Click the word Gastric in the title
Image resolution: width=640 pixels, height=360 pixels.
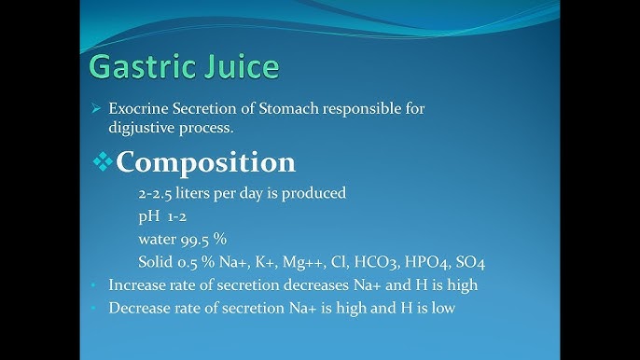134,68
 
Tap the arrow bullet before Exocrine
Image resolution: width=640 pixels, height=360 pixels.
95,109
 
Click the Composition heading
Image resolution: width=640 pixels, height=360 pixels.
205,161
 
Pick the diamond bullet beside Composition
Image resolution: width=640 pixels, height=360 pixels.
102,162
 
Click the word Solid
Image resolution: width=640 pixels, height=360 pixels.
156,261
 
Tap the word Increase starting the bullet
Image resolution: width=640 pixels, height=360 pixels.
137,284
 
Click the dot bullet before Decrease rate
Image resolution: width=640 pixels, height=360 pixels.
94,308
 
